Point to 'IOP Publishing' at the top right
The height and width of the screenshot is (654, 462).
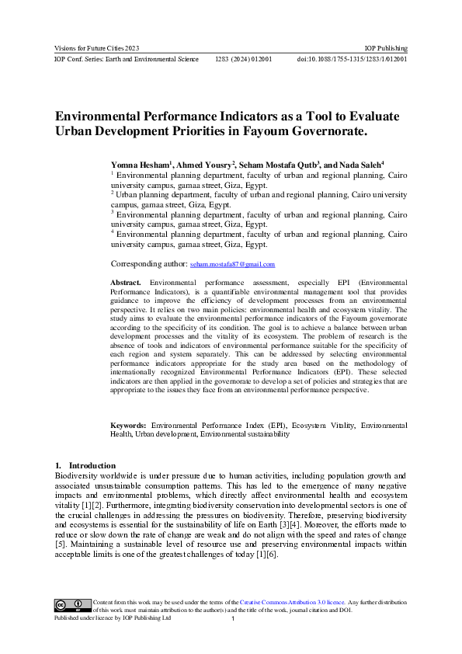tap(387, 48)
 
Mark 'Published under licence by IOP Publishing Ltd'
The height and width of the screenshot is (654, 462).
tap(111, 619)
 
